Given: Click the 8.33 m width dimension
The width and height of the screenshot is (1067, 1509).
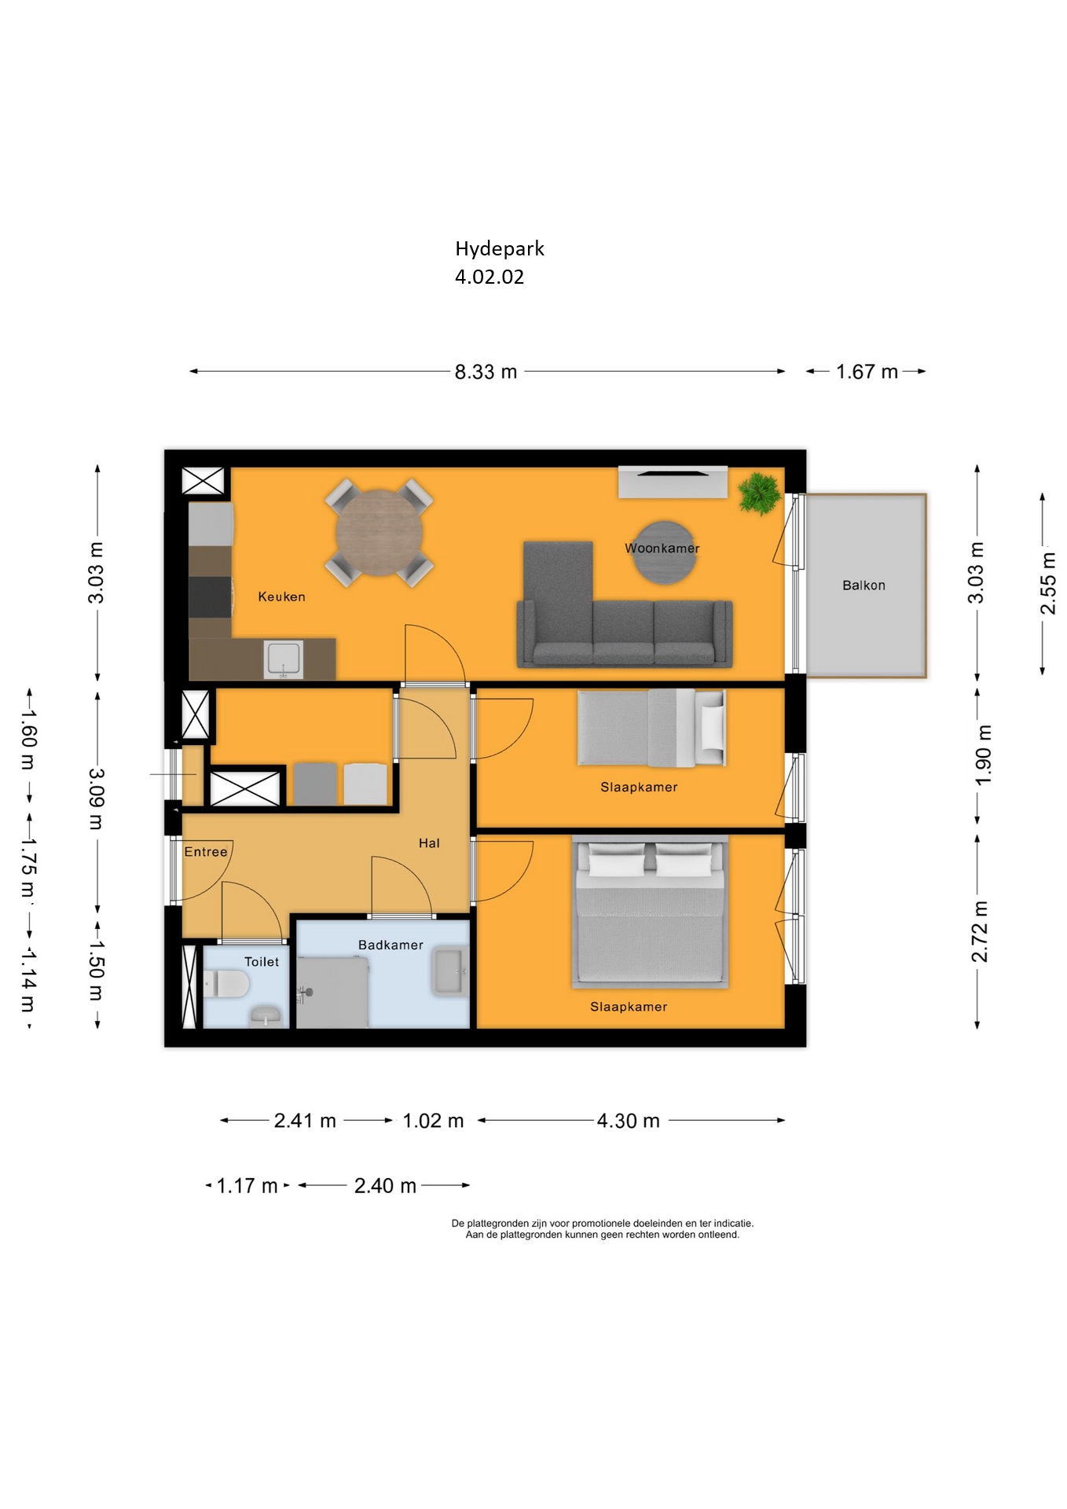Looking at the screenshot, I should point(486,372).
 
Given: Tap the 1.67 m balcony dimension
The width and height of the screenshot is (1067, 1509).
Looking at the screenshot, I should point(866,372).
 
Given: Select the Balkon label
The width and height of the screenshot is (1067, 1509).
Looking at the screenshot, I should point(863,586).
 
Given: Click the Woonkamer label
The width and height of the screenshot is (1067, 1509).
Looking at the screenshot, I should point(662,549).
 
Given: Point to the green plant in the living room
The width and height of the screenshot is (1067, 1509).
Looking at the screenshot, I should point(759,494).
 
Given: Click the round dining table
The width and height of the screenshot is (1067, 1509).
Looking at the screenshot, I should point(379,533).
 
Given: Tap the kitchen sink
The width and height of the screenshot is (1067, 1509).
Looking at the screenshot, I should point(284,659).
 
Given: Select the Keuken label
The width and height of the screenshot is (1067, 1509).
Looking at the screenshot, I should point(281,597).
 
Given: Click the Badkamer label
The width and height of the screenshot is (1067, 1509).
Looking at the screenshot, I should point(390,945).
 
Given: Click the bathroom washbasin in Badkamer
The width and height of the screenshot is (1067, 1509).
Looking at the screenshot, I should point(450,971).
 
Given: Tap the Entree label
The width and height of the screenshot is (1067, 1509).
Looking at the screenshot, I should point(205,852).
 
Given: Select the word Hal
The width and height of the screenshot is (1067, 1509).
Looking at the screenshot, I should point(429,843).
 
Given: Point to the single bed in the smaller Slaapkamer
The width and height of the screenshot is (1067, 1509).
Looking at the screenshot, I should point(651,729).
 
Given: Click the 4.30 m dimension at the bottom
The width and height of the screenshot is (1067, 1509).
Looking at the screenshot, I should point(628,1121).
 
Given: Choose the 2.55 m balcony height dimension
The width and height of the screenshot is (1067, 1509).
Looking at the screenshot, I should point(1047,583).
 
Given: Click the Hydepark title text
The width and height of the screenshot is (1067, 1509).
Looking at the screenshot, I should point(499,249).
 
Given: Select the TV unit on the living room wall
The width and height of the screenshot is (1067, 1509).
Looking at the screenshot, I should point(673,482).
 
